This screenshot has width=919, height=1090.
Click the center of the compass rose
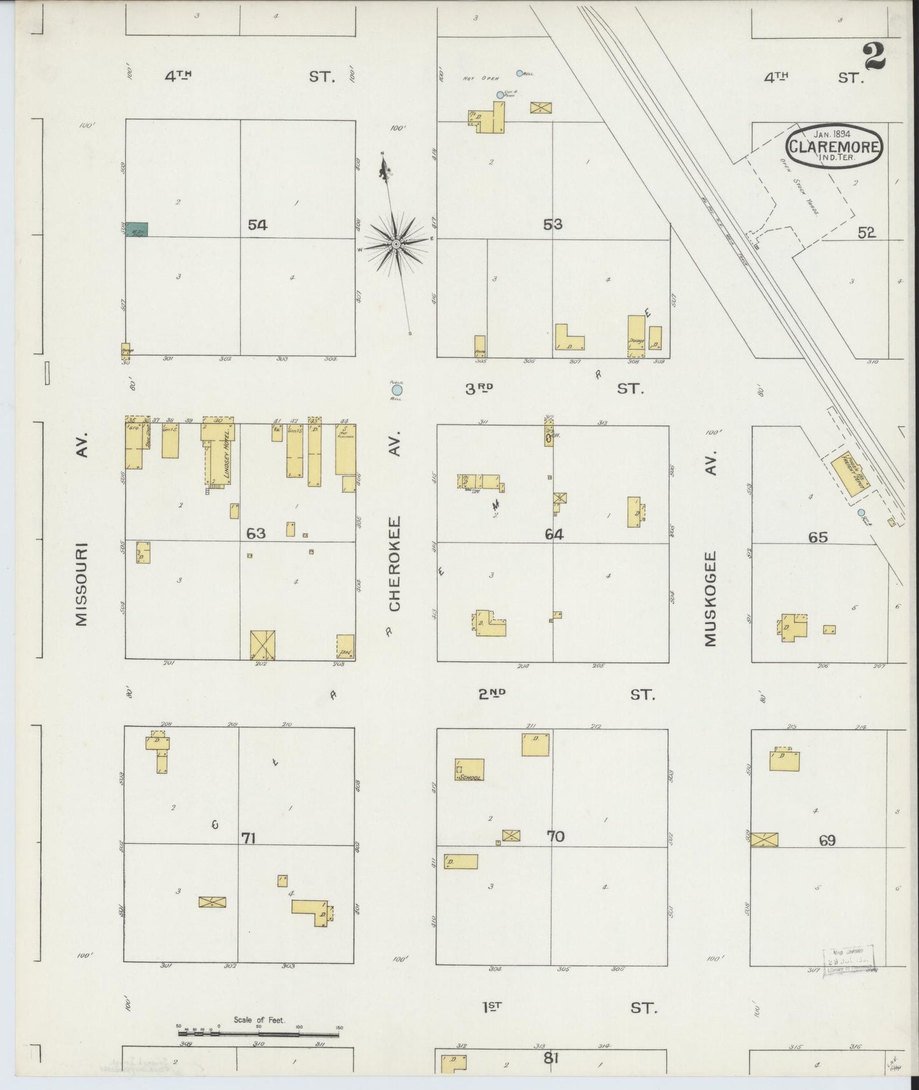pyautogui.click(x=396, y=244)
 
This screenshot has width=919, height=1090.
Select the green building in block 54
pyautogui.click(x=136, y=230)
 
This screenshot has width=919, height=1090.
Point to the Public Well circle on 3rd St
pyautogui.click(x=397, y=389)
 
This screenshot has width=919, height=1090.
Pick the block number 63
pyautogui.click(x=256, y=533)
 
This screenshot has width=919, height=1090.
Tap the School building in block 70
pyautogui.click(x=469, y=769)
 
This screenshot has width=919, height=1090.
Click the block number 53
pyautogui.click(x=553, y=224)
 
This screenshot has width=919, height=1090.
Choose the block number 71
pyautogui.click(x=248, y=838)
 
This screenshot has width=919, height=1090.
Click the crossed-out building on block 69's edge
pyautogui.click(x=764, y=839)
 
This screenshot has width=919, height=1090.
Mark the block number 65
pyautogui.click(x=817, y=537)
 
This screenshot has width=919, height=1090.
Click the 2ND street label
pyautogui.click(x=492, y=694)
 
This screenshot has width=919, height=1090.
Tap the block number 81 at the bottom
pyautogui.click(x=551, y=1059)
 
